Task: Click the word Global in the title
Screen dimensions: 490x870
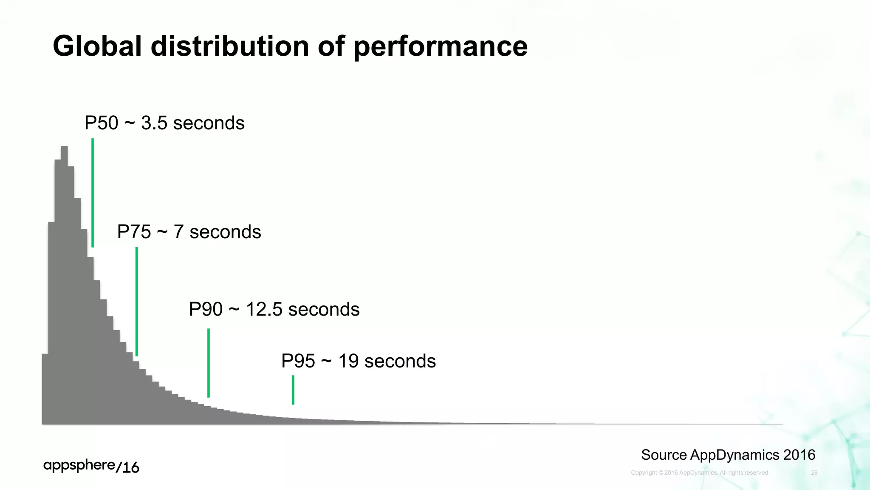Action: coord(97,46)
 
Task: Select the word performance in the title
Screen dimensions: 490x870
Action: coord(441,47)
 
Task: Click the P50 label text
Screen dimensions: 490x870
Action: coord(102,123)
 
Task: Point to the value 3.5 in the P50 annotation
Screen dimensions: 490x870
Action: coord(154,123)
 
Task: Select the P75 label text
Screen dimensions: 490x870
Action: coord(134,232)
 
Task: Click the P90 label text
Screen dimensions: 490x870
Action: coord(206,309)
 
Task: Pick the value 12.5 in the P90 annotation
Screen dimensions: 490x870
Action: coord(264,309)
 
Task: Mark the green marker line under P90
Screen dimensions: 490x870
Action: coord(209,362)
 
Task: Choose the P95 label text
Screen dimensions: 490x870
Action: coord(298,361)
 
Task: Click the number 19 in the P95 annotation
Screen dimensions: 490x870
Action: coord(348,361)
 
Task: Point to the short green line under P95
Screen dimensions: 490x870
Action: coord(293,390)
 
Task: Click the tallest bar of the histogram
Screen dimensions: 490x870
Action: coord(65,285)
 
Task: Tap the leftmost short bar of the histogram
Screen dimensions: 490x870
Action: coord(45,389)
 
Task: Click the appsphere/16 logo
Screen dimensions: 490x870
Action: coord(91,466)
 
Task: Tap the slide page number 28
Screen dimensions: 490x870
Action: coord(814,473)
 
